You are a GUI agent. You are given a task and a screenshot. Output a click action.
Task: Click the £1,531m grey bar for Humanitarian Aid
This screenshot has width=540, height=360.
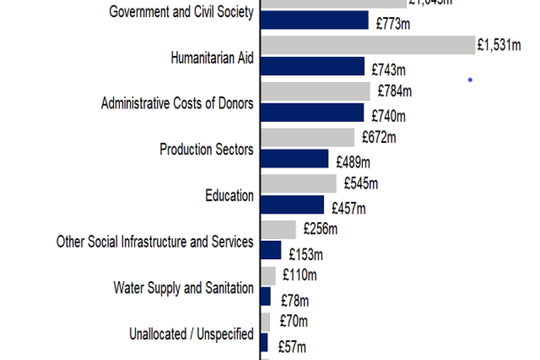click(368, 45)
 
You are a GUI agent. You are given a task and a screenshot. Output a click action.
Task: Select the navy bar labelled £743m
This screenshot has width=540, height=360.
click(313, 66)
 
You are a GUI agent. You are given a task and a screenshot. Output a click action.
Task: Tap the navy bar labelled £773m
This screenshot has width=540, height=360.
click(314, 20)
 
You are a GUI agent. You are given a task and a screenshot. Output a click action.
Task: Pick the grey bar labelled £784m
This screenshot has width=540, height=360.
click(316, 91)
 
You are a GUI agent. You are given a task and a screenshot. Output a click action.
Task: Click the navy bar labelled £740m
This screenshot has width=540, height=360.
click(312, 112)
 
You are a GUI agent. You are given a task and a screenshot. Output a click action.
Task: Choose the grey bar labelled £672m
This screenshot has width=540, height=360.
click(308, 137)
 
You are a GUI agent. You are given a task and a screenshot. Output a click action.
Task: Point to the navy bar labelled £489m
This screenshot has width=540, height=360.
click(294, 159)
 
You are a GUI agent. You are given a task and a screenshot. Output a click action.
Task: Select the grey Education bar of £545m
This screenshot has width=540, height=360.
click(299, 183)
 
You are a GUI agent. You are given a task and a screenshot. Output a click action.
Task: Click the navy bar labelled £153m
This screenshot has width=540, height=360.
click(271, 250)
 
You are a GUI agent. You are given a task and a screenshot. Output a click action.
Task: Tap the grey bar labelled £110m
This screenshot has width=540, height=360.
click(268, 276)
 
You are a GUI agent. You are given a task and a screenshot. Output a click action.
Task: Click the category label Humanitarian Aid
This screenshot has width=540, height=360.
click(212, 57)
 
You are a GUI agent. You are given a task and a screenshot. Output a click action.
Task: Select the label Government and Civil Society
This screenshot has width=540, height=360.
click(181, 12)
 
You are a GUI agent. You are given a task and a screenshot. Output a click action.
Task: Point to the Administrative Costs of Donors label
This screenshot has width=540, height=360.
click(177, 103)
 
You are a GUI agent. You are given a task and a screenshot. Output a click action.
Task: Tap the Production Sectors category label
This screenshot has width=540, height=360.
click(206, 150)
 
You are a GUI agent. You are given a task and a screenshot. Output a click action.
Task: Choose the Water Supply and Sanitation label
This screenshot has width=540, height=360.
click(183, 288)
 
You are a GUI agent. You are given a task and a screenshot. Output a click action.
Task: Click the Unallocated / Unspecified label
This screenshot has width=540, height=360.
click(191, 334)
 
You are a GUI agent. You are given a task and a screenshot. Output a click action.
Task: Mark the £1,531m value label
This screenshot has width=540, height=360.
click(499, 45)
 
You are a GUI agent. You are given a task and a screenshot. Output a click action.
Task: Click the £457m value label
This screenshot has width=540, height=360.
click(349, 209)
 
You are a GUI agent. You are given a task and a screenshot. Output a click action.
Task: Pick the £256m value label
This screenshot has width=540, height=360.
click(321, 229)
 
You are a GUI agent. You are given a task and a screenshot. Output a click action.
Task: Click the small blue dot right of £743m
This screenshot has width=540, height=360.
click(470, 80)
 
